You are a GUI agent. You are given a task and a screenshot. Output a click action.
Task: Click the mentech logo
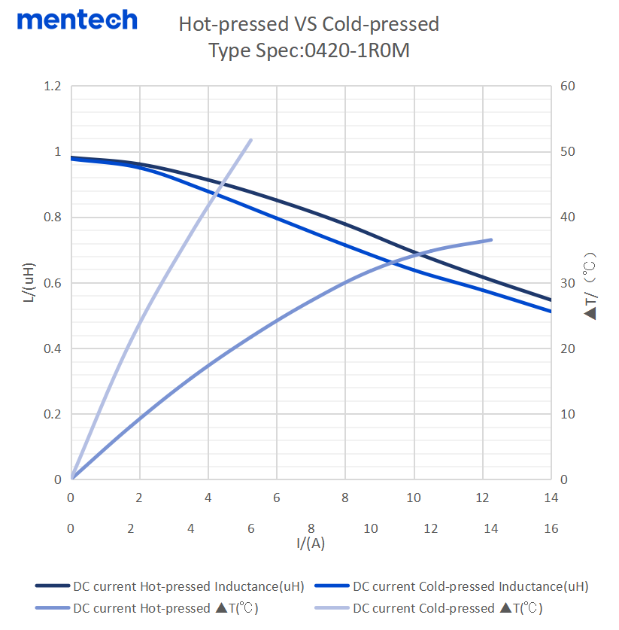[x=77, y=20]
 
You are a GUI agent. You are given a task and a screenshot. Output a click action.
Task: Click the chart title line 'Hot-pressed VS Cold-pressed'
[x=308, y=24]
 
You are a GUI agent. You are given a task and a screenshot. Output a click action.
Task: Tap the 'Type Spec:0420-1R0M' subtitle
[x=308, y=51]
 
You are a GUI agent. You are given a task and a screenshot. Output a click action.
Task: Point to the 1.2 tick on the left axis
[x=52, y=87]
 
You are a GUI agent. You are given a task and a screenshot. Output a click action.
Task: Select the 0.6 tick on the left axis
[x=52, y=283]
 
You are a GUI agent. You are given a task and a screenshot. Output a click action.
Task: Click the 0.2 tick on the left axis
[x=52, y=414]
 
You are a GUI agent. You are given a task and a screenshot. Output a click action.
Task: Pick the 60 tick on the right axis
[x=569, y=87]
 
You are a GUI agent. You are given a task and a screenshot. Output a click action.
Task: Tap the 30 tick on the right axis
[x=569, y=283]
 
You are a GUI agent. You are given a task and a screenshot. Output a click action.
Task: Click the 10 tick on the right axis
[x=569, y=414]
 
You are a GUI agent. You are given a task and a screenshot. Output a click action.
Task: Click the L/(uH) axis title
[x=29, y=283]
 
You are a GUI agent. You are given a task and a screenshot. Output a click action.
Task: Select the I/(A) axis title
[x=310, y=543]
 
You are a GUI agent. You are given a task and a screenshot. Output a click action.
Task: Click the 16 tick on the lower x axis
[x=551, y=528]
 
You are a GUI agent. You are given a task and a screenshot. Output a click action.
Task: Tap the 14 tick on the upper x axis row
[x=551, y=498]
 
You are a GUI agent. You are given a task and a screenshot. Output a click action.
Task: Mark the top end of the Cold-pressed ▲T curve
[x=251, y=140]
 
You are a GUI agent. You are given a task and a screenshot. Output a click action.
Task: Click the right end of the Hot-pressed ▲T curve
[x=491, y=240]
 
